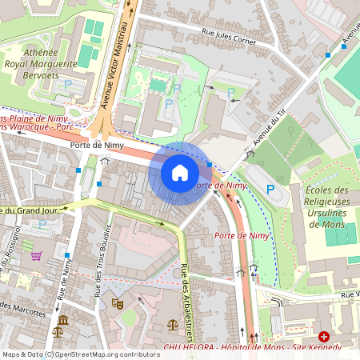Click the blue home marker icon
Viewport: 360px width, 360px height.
pos(180,173)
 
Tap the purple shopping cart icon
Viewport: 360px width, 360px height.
pos(36,256)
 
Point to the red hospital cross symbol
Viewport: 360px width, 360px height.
pos(324,337)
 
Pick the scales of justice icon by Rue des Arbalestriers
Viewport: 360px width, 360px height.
pos(173,326)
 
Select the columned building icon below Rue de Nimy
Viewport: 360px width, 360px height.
pos(63,321)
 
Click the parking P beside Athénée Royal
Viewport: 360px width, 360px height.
pos(68,84)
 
